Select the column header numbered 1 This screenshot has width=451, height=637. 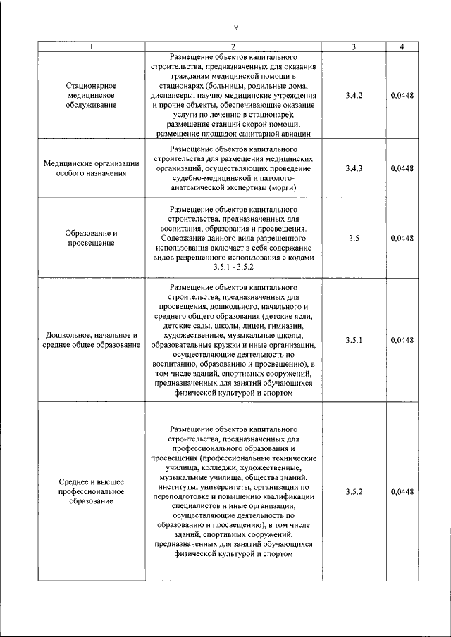[91, 46]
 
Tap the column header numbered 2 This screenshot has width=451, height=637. [233, 46]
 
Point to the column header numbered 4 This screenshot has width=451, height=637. [401, 46]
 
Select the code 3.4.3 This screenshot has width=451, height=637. [354, 169]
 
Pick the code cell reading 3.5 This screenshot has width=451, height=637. [354, 239]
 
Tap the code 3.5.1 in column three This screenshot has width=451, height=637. [354, 340]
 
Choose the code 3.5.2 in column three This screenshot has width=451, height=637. [354, 491]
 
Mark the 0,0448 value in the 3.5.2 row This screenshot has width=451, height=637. [401, 491]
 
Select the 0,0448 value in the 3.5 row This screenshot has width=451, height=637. [401, 239]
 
